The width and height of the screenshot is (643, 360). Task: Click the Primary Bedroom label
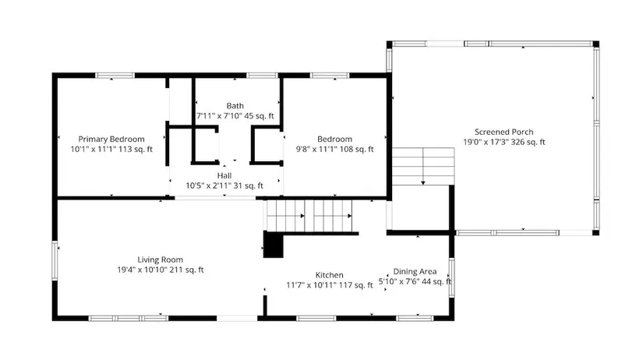[x=111, y=139]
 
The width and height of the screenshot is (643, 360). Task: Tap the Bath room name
[x=235, y=106]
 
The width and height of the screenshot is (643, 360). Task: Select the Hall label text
[x=224, y=175]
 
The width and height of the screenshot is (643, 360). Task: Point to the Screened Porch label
[x=504, y=132]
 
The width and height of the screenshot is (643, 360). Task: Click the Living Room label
[x=161, y=259]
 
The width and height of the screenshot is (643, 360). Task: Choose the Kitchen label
[x=329, y=275]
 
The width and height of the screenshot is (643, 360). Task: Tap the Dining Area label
[x=415, y=271]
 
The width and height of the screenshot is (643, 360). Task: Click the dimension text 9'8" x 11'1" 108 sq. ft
[x=334, y=150]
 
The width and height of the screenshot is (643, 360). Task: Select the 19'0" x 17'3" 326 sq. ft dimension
[x=504, y=143]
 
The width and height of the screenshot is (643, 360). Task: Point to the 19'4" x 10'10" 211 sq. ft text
[x=161, y=270]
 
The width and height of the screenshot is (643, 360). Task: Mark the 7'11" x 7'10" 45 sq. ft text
[x=235, y=116]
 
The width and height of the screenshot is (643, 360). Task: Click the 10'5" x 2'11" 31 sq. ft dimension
[x=224, y=185]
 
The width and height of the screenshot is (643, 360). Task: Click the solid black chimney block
[x=273, y=245]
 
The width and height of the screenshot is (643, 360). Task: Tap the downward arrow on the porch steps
[x=422, y=166]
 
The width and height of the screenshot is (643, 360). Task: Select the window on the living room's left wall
[x=55, y=261]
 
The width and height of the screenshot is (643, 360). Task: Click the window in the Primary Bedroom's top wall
[x=115, y=76]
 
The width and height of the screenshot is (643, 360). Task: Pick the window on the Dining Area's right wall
[x=451, y=277]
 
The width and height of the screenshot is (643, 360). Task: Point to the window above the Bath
[x=263, y=76]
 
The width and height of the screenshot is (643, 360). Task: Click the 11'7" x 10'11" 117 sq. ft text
[x=330, y=285]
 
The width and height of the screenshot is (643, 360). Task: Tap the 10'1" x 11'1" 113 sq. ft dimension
[x=111, y=150]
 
